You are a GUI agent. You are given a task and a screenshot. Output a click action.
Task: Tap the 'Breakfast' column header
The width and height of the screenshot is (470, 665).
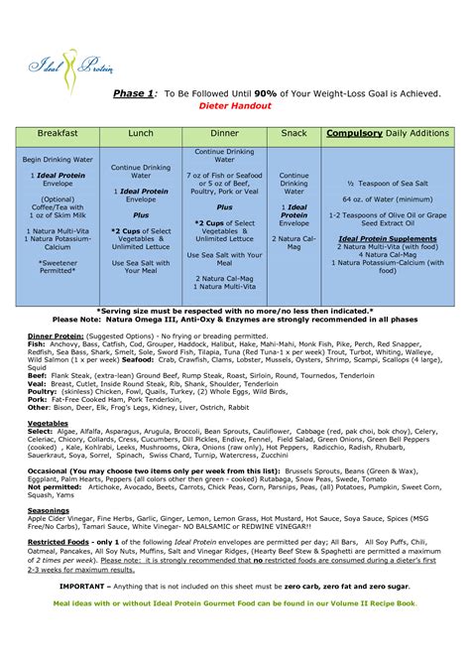click(x=58, y=134)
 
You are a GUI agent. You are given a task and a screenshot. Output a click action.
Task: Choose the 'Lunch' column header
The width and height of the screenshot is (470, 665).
click(x=141, y=134)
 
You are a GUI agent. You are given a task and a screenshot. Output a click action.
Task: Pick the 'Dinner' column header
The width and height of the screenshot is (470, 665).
click(x=224, y=134)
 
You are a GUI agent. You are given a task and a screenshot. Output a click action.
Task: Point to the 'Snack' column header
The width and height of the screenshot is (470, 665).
click(x=294, y=134)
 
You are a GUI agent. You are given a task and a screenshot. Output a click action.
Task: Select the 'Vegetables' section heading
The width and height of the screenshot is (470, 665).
click(x=48, y=423)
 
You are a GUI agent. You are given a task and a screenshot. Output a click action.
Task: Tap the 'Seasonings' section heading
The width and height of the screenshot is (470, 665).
click(x=48, y=510)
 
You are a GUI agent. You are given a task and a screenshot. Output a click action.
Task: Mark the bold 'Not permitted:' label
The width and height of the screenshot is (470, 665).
click(x=56, y=487)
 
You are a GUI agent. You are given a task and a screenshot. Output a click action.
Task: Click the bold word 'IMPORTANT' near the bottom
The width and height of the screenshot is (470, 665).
click(x=86, y=586)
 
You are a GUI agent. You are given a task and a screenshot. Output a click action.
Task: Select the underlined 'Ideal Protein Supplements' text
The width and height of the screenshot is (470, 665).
click(x=388, y=238)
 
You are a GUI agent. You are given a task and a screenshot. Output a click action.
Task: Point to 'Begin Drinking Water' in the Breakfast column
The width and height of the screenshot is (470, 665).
click(x=58, y=159)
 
